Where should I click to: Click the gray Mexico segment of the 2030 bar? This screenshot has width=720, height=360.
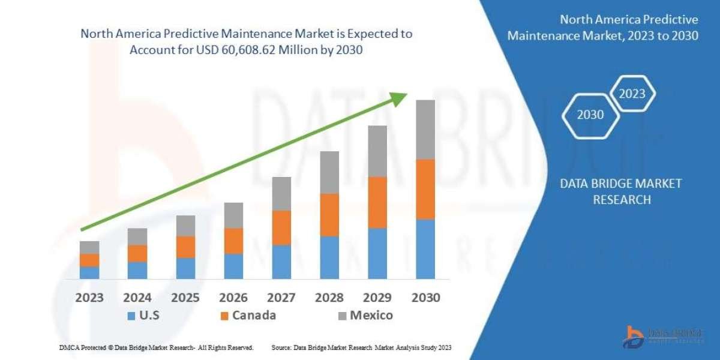[425, 129]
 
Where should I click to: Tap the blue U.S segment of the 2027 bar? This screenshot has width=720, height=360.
[281, 262]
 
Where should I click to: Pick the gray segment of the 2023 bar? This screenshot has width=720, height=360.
[89, 247]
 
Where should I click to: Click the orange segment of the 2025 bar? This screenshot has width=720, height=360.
[185, 247]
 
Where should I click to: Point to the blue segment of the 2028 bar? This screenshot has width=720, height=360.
[329, 257]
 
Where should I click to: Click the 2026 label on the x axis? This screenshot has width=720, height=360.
[233, 298]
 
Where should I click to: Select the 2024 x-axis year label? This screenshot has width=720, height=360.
[137, 298]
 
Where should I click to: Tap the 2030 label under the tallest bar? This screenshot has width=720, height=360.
[425, 298]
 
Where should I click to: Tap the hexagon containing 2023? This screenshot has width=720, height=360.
[632, 94]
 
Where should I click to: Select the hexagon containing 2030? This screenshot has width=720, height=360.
[590, 115]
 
